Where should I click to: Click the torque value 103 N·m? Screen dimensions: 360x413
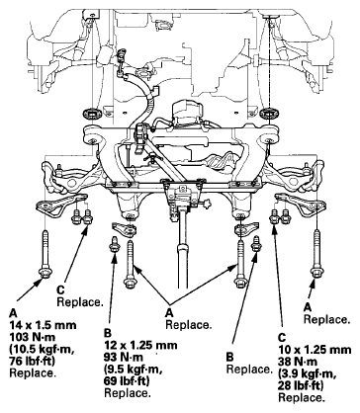click(x=33, y=337)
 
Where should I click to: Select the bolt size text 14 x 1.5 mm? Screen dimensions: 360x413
click(x=43, y=325)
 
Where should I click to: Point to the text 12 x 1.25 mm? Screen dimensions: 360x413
click(x=140, y=345)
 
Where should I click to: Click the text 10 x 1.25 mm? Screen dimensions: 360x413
click(x=315, y=350)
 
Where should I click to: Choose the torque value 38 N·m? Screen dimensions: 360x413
click(x=298, y=362)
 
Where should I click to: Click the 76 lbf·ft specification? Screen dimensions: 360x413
click(x=33, y=362)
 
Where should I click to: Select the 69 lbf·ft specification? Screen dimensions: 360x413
click(x=127, y=381)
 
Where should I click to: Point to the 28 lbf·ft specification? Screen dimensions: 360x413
click(x=301, y=385)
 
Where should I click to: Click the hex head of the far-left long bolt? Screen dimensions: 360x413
click(x=44, y=273)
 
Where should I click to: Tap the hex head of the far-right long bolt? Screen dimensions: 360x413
click(x=316, y=273)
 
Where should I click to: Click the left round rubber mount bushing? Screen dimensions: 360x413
click(x=91, y=115)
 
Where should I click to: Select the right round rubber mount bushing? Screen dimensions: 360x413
click(x=269, y=114)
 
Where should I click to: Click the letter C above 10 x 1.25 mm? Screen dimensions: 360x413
click(x=282, y=338)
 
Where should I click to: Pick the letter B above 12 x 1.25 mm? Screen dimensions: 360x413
click(x=108, y=334)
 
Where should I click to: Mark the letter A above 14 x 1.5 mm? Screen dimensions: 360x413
click(x=13, y=313)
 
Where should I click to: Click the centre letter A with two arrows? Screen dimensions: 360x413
click(x=169, y=312)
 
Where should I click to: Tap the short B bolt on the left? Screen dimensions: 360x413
click(x=114, y=244)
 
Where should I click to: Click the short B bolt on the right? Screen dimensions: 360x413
click(x=256, y=244)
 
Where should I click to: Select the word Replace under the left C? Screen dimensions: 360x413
click(x=80, y=302)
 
